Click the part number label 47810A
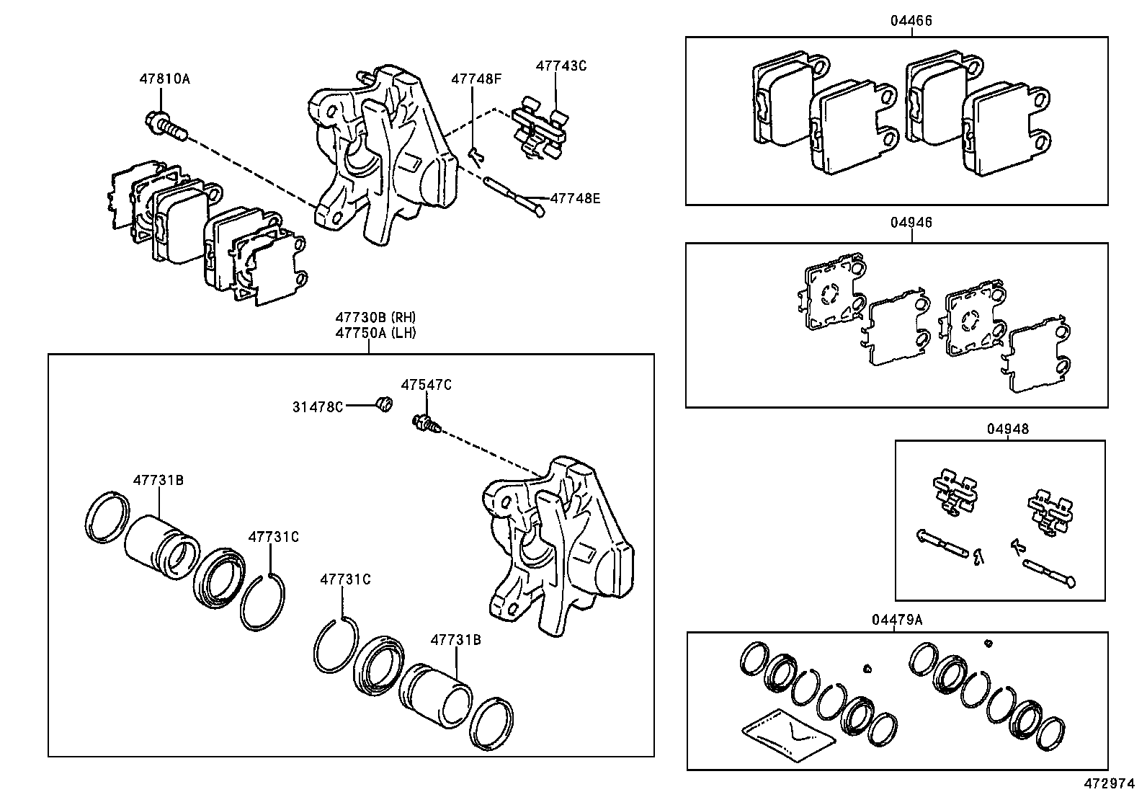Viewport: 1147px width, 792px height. (x=164, y=79)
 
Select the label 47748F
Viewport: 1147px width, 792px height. (x=476, y=79)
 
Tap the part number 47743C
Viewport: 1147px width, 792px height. (x=561, y=66)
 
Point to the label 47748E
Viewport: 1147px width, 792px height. (x=574, y=197)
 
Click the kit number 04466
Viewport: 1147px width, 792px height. (x=911, y=21)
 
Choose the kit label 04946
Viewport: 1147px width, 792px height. (x=911, y=223)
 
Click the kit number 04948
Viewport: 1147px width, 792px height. (x=1007, y=430)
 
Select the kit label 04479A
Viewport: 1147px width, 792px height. (x=897, y=620)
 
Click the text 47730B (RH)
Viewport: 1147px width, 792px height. (x=375, y=317)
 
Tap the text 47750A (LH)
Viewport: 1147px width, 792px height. (x=375, y=333)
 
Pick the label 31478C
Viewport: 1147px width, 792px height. (x=317, y=407)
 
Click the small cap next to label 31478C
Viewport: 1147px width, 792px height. (x=385, y=405)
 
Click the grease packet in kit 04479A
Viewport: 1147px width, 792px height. (x=788, y=734)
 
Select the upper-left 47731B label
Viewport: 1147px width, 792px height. (x=157, y=480)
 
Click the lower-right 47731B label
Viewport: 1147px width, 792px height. (x=455, y=640)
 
